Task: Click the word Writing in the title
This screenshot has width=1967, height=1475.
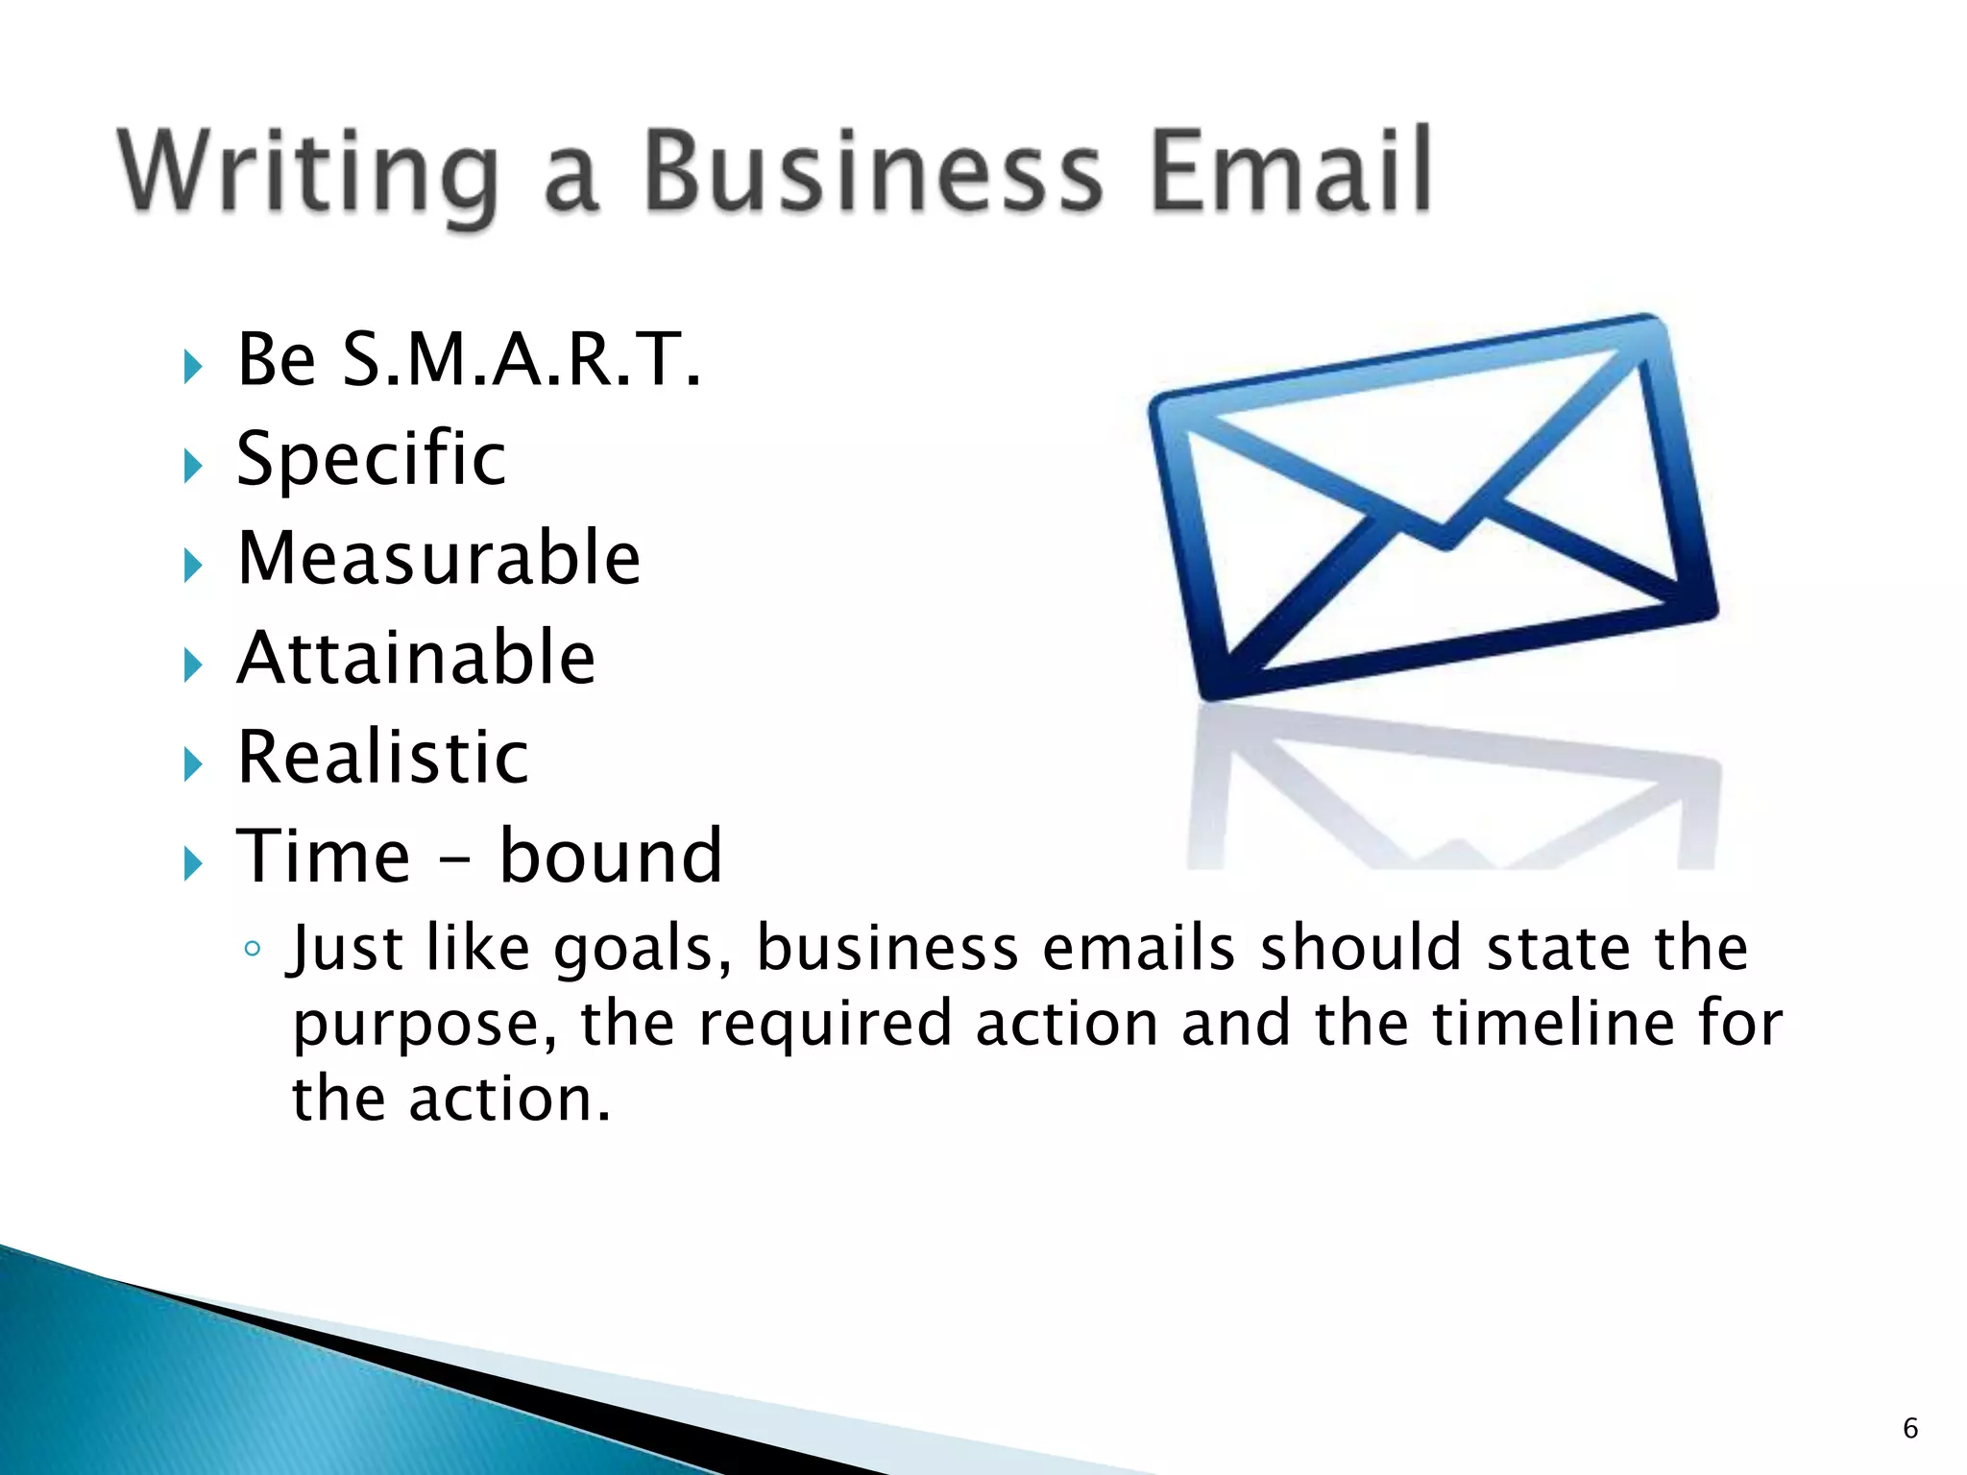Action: click(x=307, y=173)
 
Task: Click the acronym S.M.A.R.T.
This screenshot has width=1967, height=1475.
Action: click(x=522, y=359)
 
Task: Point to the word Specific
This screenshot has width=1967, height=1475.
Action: click(x=371, y=458)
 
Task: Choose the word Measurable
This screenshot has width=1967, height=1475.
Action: click(x=439, y=558)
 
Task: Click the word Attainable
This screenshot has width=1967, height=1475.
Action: click(x=416, y=658)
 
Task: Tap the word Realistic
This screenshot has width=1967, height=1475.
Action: click(x=382, y=758)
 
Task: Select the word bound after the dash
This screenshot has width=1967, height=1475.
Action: click(x=611, y=856)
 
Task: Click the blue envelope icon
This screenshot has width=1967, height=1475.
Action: click(x=1433, y=507)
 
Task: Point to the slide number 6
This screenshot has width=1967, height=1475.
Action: click(x=1910, y=1428)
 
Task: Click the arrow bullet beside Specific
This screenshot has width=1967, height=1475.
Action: click(x=193, y=467)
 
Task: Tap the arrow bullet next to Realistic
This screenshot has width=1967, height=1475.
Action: click(x=193, y=765)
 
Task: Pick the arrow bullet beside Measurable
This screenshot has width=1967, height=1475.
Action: click(x=193, y=567)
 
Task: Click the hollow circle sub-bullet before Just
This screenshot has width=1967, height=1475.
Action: click(x=253, y=950)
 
